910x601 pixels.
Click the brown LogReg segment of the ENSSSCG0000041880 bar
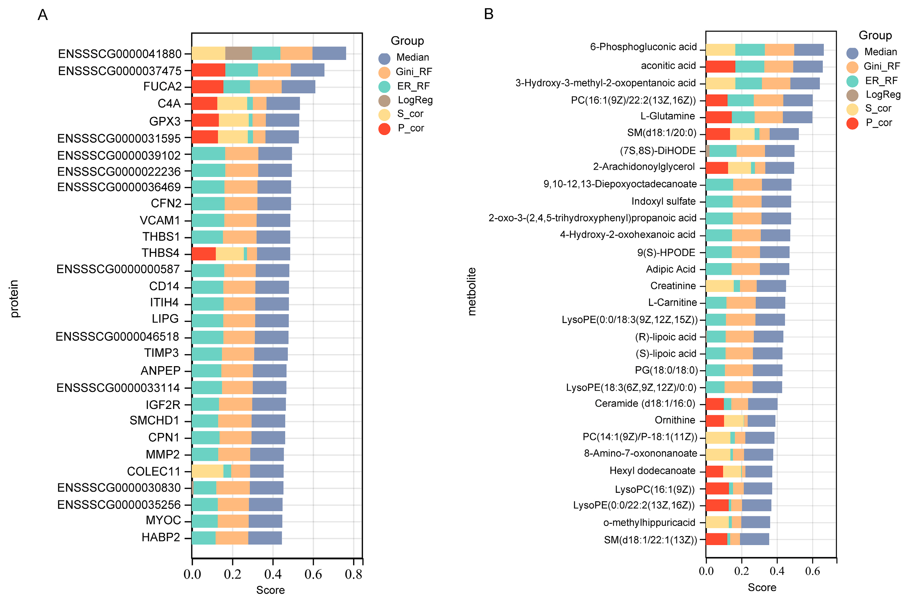tap(238, 53)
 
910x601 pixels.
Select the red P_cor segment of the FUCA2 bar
tap(207, 87)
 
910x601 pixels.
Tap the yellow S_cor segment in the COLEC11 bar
tap(207, 471)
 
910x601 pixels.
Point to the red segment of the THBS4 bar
tap(203, 254)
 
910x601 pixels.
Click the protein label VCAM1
tap(160, 220)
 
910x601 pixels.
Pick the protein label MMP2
tap(162, 455)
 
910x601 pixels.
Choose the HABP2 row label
tap(161, 537)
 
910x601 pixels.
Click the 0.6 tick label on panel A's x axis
tap(313, 574)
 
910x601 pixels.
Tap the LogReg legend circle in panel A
tap(384, 100)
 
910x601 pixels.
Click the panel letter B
tap(489, 14)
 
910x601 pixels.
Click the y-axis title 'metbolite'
tap(472, 291)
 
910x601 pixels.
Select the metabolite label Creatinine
tap(673, 286)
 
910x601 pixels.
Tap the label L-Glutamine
tap(668, 116)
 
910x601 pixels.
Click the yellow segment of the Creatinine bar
tap(719, 286)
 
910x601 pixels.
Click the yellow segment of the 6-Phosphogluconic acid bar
tap(720, 50)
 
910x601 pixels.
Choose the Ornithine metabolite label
tap(675, 420)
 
